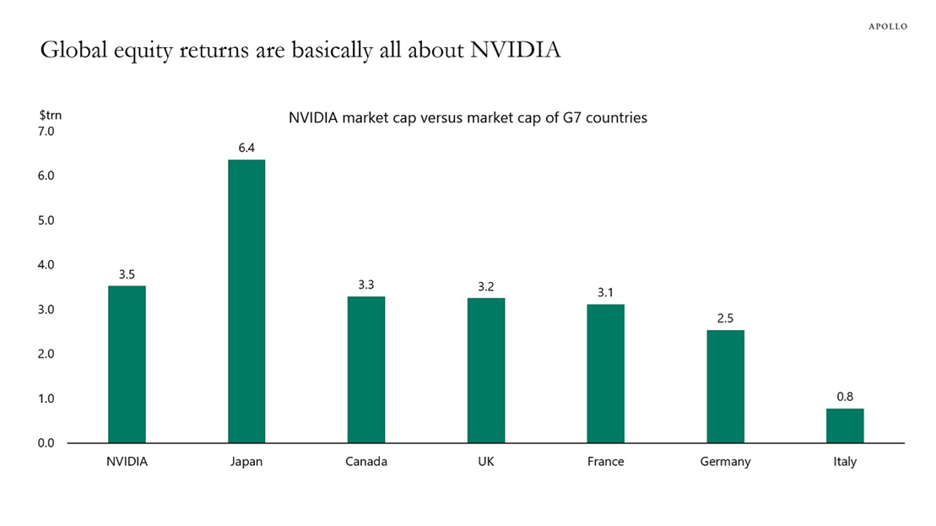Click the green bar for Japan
(x=246, y=301)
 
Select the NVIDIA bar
(x=127, y=364)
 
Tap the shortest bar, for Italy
(x=845, y=426)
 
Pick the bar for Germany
(x=725, y=386)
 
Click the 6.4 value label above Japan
(x=246, y=148)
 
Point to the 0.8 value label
(x=845, y=396)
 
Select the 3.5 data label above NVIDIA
(x=127, y=274)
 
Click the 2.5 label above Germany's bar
(x=725, y=317)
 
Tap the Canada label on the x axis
(x=366, y=462)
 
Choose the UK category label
(x=486, y=462)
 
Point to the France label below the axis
(x=605, y=462)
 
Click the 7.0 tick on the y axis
(x=45, y=132)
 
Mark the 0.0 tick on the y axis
(x=45, y=443)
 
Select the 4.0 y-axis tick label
(x=45, y=265)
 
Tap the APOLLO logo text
(x=888, y=26)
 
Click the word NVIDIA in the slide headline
(x=515, y=51)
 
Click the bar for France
(x=605, y=373)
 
